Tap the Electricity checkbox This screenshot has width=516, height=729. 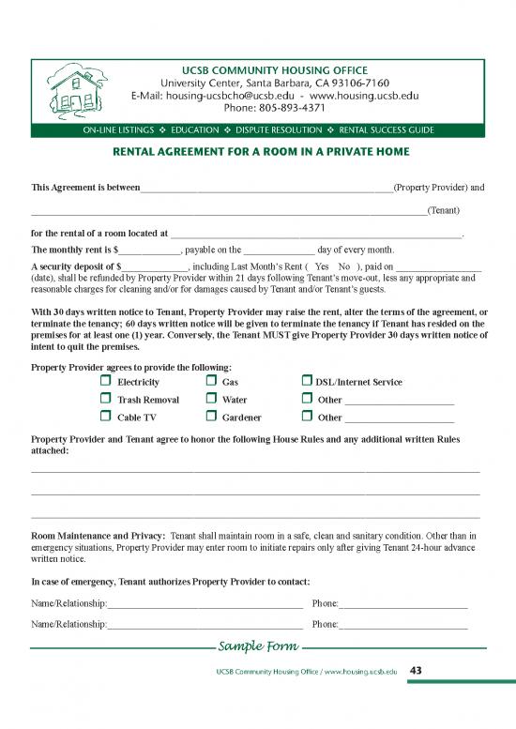click(x=105, y=382)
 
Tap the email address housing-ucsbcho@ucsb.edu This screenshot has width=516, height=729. click(x=231, y=96)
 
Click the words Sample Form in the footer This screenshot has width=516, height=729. click(x=258, y=646)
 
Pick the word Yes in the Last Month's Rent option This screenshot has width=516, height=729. click(x=322, y=266)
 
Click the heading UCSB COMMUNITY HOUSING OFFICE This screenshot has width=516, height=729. click(x=275, y=70)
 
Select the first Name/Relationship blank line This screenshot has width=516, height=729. click(x=205, y=601)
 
